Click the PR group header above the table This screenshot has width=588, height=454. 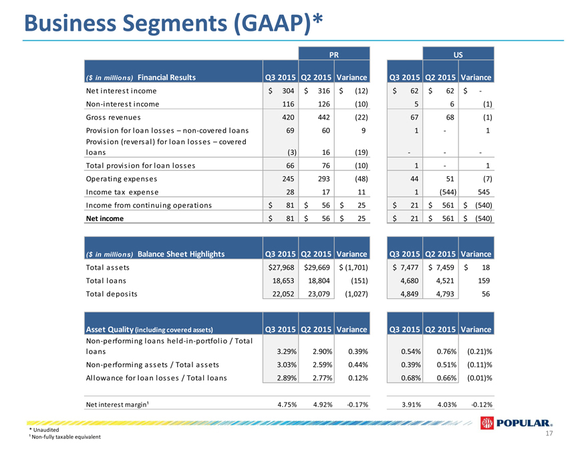333,55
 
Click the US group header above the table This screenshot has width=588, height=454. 458,55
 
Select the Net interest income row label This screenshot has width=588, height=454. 121,91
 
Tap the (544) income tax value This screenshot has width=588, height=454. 448,192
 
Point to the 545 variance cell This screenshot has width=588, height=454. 483,192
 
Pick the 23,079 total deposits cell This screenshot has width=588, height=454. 319,294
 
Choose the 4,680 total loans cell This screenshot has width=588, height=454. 409,281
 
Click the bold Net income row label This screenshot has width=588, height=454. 105,219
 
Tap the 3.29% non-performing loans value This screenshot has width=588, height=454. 287,352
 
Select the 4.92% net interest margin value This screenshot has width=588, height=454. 323,405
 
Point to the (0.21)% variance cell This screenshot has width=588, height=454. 480,352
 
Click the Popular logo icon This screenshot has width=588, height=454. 486,423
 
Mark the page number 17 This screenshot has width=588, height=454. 549,433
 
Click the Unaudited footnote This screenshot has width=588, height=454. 44,430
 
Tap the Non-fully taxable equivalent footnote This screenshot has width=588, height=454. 65,437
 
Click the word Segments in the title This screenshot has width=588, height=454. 175,24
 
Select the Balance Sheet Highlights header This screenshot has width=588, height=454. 181,254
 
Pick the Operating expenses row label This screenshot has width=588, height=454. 122,179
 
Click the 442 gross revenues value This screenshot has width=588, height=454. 323,118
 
